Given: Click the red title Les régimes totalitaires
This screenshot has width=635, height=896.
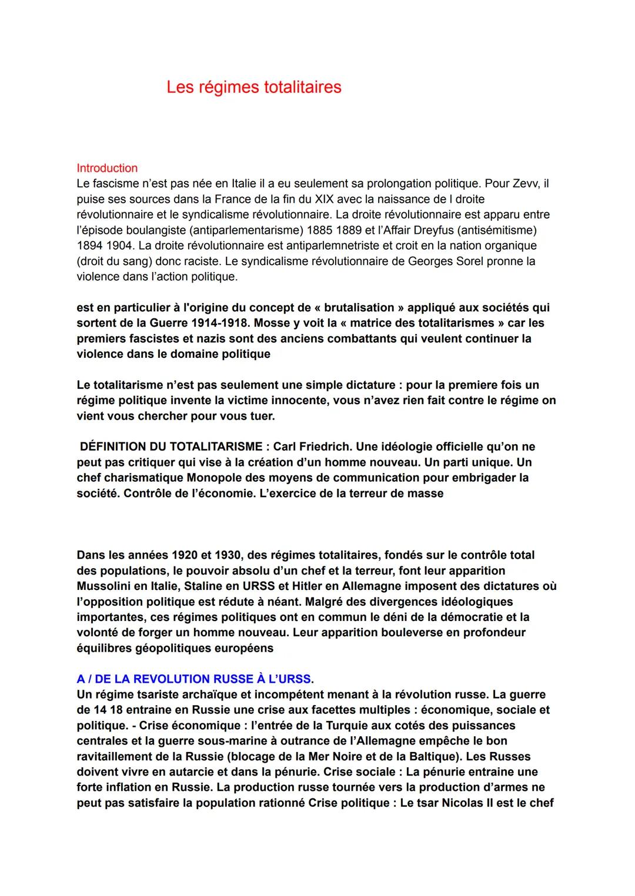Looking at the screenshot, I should pyautogui.click(x=253, y=87).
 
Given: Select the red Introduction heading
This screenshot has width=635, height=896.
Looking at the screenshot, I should pyautogui.click(x=107, y=168).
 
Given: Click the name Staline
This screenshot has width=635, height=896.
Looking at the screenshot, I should pyautogui.click(x=215, y=586).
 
